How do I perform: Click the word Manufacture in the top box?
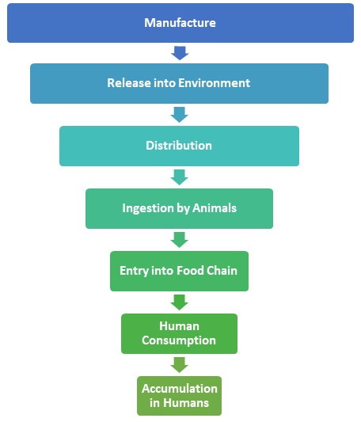click(x=180, y=23)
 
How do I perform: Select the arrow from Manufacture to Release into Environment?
click(x=180, y=53)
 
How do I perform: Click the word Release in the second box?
click(x=128, y=83)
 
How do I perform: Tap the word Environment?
click(x=215, y=83)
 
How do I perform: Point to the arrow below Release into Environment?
click(x=179, y=115)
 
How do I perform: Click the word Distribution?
click(x=179, y=146)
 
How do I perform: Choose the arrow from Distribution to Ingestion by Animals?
click(x=179, y=177)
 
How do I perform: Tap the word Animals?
click(x=215, y=208)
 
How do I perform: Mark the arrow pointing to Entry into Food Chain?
click(x=179, y=240)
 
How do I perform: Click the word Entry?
click(x=134, y=271)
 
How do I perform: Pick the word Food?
click(x=191, y=271)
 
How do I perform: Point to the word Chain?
click(x=222, y=271)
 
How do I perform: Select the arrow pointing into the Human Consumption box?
click(x=179, y=302)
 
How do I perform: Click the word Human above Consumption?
click(x=179, y=326)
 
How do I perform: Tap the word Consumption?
click(x=179, y=340)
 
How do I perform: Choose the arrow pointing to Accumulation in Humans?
click(x=179, y=365)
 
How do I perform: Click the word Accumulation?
click(x=180, y=389)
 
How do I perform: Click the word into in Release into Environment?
click(x=164, y=83)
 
